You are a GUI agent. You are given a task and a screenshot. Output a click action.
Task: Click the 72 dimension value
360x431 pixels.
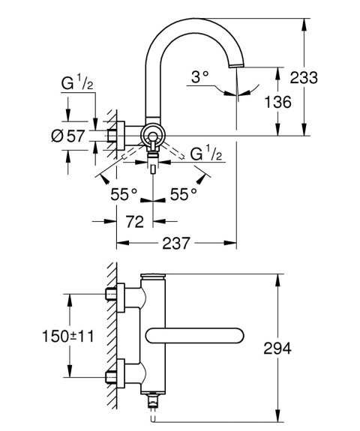(134, 222)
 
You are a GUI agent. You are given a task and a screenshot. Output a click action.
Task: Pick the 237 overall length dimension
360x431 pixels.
(175, 244)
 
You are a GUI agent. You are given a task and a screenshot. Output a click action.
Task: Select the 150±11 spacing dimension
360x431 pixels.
(68, 337)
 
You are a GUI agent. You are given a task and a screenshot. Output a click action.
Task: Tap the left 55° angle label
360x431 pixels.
(124, 193)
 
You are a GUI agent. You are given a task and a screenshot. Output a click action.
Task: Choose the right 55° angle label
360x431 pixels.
(183, 193)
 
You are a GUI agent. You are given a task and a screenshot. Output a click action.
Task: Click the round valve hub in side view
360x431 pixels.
(153, 136)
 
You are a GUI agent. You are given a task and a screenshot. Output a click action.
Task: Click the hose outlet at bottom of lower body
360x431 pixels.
(154, 403)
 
